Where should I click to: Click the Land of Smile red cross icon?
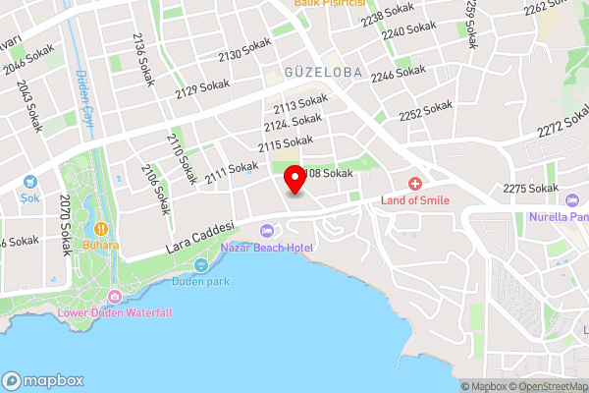(415, 184)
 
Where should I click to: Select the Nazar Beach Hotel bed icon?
(266, 231)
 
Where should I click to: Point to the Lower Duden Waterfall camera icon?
(115, 296)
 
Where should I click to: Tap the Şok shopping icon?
(28, 182)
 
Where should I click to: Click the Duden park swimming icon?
(201, 264)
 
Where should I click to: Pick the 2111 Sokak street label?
(232, 172)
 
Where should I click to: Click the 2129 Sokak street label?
(201, 88)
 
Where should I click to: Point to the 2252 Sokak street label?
(425, 111)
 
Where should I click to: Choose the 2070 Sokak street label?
(66, 225)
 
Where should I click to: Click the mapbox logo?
(40, 380)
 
